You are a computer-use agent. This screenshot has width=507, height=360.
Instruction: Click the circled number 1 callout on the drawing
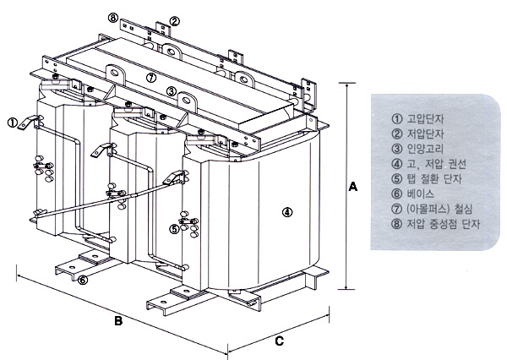[x=13, y=122]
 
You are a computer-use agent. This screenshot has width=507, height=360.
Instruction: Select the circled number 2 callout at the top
[x=174, y=20]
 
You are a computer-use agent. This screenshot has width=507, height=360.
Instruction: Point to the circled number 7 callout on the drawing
[x=150, y=78]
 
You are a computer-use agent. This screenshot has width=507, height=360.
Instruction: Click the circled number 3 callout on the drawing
[x=171, y=91]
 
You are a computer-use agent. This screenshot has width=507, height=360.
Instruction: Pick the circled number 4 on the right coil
[x=287, y=211]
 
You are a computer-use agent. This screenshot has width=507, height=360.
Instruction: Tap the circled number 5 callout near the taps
[x=174, y=228]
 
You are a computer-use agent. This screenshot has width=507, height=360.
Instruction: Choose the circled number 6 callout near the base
[x=83, y=280]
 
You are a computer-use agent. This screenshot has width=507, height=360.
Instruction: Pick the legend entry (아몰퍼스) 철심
[x=439, y=209]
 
